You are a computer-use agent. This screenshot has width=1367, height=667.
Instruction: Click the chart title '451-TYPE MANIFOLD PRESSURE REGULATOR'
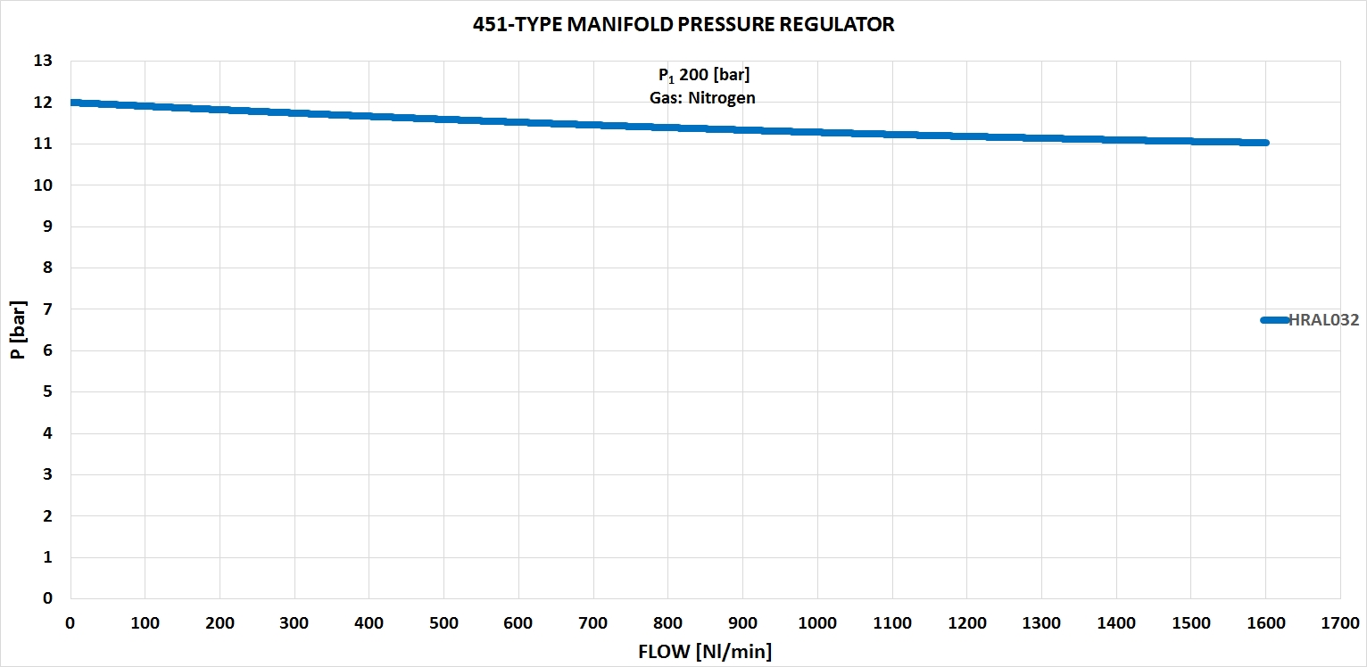[x=683, y=25]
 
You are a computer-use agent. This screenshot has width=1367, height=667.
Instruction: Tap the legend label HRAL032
[x=1324, y=320]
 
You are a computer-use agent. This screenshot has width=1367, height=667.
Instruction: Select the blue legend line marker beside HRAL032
[x=1274, y=320]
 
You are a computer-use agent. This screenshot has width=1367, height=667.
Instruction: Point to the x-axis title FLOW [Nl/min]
[x=705, y=652]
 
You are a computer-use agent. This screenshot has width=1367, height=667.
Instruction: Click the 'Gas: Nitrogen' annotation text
[x=702, y=98]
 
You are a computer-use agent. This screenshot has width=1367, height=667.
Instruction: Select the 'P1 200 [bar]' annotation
[x=703, y=75]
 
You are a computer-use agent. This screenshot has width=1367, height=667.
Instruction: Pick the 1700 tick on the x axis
[x=1340, y=622]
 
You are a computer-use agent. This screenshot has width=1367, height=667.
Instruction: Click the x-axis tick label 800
[x=667, y=622]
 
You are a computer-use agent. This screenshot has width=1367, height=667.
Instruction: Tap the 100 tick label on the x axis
[x=145, y=622]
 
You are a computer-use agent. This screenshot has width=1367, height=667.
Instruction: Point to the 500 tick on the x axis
[x=443, y=622]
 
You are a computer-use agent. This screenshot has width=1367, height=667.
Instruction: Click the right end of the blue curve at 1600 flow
[x=1264, y=143]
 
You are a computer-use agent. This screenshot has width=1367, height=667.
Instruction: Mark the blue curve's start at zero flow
[x=72, y=103]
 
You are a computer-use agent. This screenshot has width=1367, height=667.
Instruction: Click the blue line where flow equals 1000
[x=817, y=132]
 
